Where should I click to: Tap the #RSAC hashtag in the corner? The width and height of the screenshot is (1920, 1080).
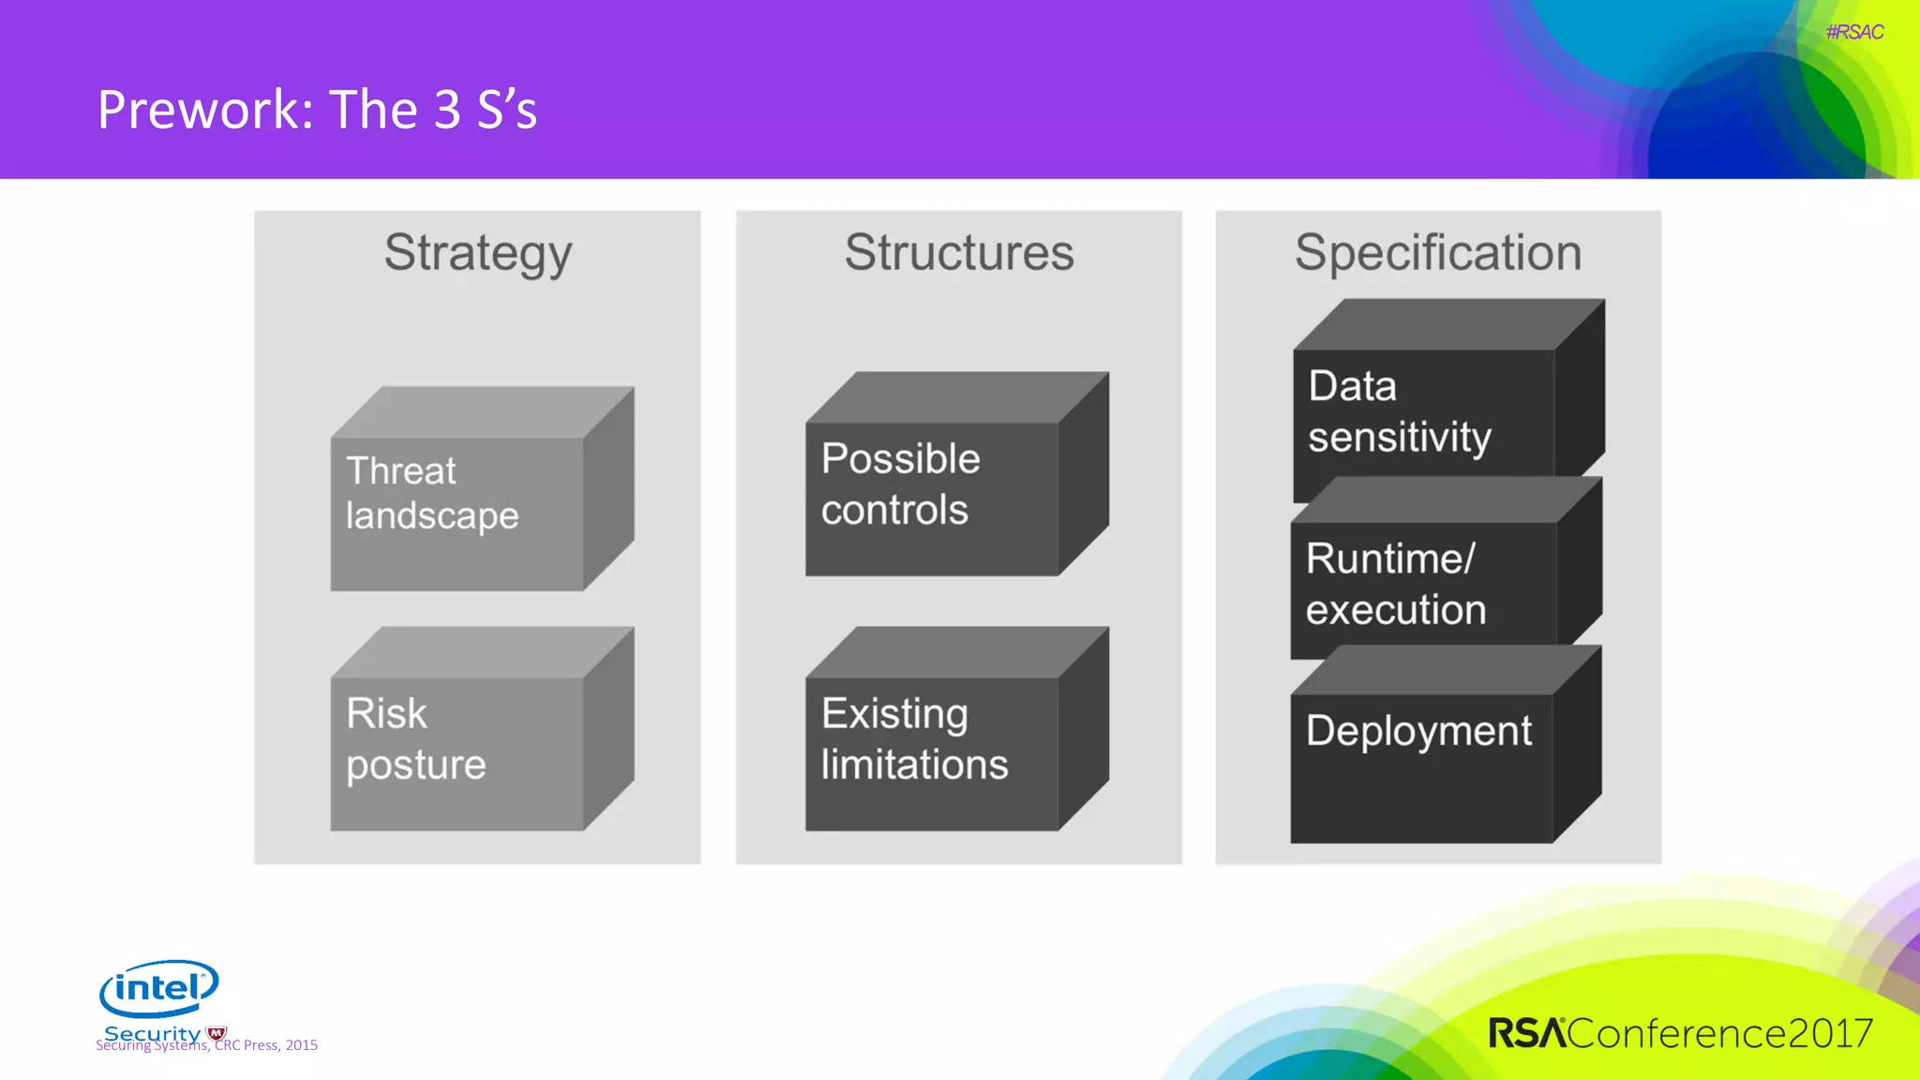pos(1853,32)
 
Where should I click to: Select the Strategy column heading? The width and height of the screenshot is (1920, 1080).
pos(477,253)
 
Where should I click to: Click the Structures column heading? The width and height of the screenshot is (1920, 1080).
pos(958,253)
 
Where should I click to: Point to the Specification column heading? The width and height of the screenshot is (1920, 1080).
pos(1437,253)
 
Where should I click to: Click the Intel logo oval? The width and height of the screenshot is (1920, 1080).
pos(158,988)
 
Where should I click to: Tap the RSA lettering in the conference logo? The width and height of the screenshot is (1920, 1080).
pos(1527,1033)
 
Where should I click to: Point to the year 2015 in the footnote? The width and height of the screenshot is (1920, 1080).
pos(302,1045)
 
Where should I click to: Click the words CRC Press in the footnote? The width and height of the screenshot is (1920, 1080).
pos(247,1045)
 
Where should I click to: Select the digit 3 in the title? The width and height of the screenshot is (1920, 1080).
pos(447,110)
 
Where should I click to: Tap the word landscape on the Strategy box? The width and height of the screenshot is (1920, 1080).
pos(432,517)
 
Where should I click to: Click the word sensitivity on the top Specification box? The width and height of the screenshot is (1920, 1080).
pos(1399,438)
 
